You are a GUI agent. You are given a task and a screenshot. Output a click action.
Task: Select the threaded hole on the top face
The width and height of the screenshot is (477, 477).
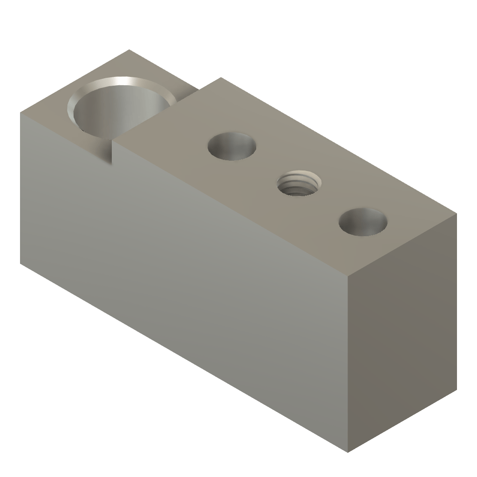click(298, 184)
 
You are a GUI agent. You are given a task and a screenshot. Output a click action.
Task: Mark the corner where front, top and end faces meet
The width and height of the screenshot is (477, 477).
click(348, 274)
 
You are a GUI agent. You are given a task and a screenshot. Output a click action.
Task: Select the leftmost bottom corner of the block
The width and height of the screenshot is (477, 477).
click(20, 264)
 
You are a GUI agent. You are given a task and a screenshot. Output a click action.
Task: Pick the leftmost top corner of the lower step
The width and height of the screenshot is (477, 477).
click(20, 112)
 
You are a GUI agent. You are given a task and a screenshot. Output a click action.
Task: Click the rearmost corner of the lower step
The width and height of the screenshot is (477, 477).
click(129, 49)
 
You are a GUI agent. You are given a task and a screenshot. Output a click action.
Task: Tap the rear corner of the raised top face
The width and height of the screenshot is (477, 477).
click(219, 78)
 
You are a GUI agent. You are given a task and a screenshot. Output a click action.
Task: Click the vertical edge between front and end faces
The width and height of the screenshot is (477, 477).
click(348, 363)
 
